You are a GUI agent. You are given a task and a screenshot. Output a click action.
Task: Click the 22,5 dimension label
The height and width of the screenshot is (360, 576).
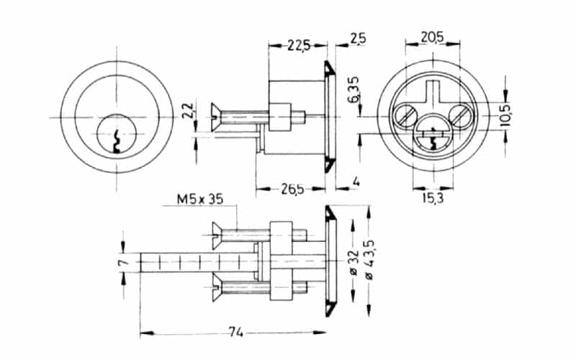coord(297,45)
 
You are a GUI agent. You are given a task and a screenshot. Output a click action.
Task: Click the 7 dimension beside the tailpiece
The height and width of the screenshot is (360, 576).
coord(123,264)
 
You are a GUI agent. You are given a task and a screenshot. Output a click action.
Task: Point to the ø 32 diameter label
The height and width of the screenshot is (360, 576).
coord(353,263)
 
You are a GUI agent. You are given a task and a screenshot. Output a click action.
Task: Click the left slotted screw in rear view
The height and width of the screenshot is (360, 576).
coord(405,114)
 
